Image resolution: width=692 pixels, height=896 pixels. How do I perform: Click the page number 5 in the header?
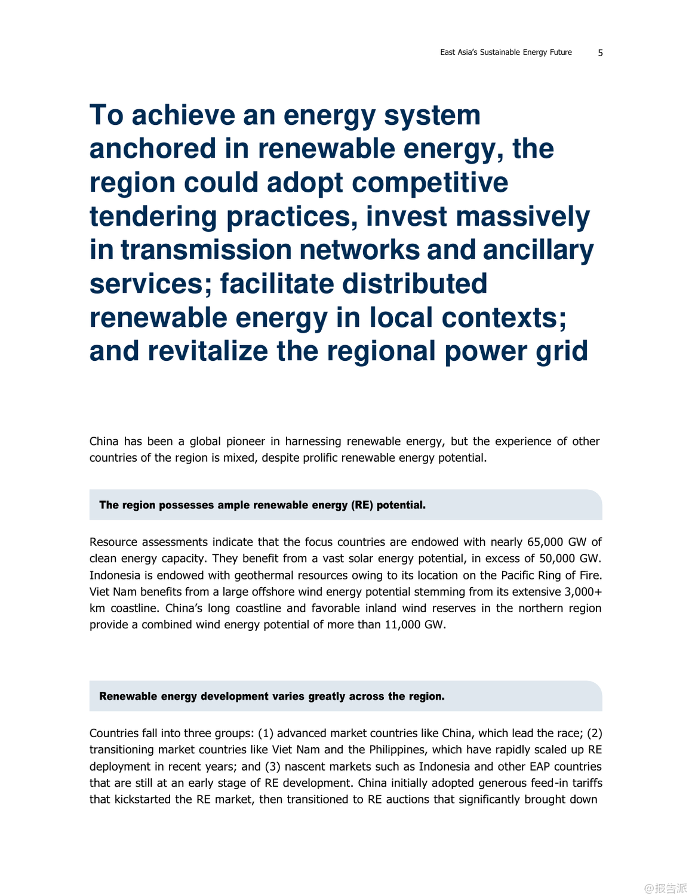pyautogui.click(x=600, y=53)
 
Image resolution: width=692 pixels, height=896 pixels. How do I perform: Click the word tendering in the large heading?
pyautogui.click(x=153, y=216)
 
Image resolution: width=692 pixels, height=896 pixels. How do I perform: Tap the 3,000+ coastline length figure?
pyautogui.click(x=583, y=592)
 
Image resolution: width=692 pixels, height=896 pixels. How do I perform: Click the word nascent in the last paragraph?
pyautogui.click(x=303, y=767)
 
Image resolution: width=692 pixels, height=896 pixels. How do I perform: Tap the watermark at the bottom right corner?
pyautogui.click(x=665, y=888)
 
